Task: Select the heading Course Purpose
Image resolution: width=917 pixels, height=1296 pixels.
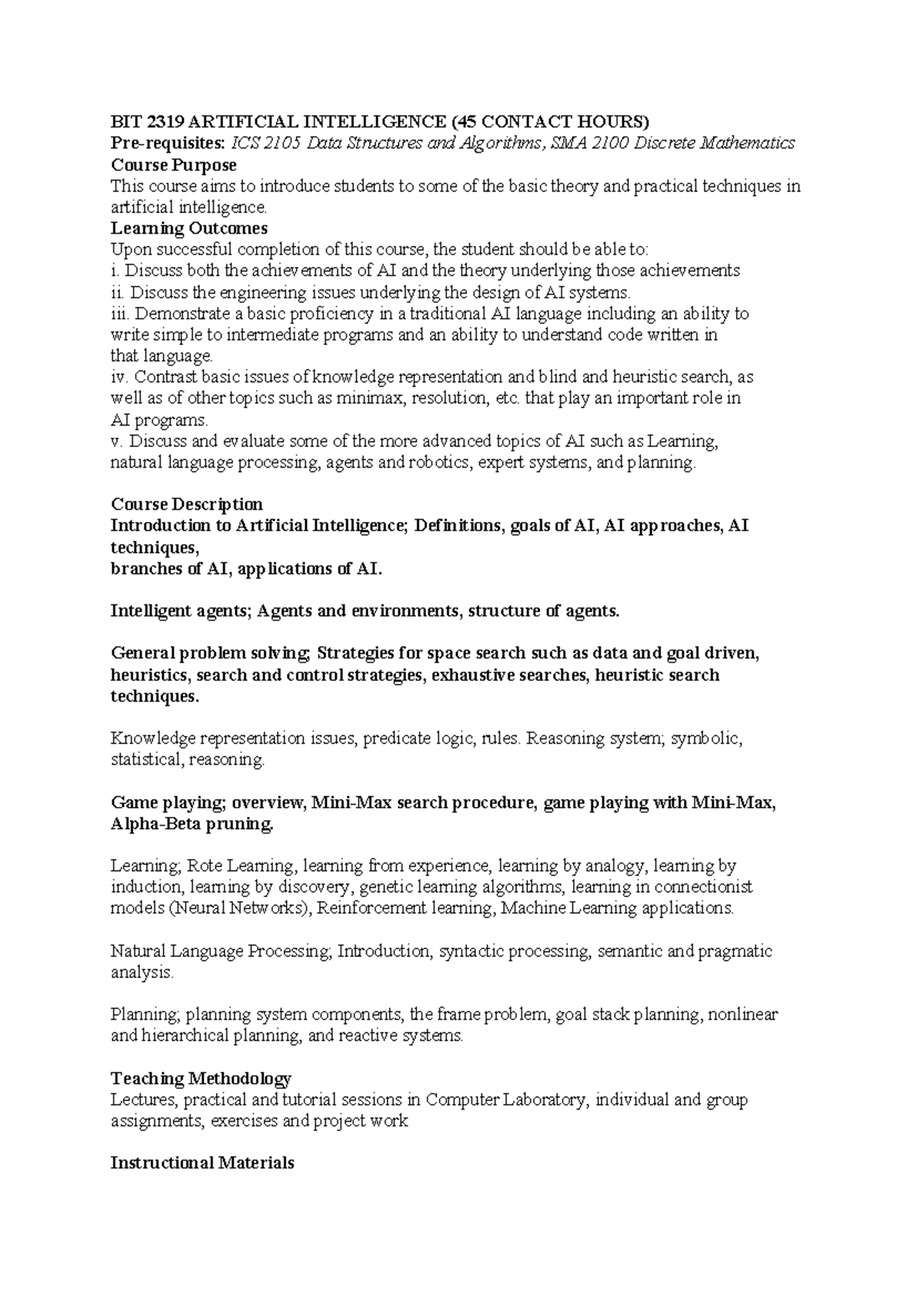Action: tap(173, 165)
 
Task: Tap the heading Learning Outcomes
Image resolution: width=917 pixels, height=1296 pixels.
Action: tap(189, 228)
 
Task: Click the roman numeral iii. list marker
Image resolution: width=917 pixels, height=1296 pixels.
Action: tap(120, 313)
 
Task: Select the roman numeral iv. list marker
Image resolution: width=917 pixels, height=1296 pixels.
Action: tap(120, 377)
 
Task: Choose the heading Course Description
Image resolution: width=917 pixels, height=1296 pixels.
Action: tap(186, 504)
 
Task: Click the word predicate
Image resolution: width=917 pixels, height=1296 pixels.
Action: tap(395, 739)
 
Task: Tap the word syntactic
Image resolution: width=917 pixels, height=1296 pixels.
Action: tap(471, 952)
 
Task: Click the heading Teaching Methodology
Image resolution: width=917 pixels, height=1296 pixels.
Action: tap(201, 1079)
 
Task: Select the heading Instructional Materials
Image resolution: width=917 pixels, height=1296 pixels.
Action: tap(203, 1164)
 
